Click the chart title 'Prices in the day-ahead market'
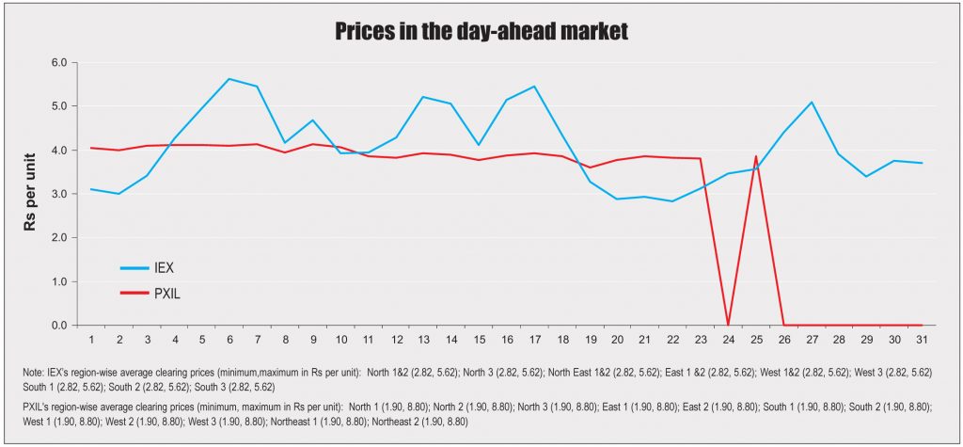(481, 32)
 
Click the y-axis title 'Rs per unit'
(30, 194)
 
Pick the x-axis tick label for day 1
(91, 339)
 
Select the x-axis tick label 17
(534, 339)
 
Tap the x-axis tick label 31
(922, 339)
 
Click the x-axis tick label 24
(728, 339)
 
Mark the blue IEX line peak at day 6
(229, 79)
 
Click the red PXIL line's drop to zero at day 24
(728, 325)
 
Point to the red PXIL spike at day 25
(755, 156)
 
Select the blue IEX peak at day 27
(811, 102)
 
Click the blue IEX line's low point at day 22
(672, 201)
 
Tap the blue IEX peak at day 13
(423, 97)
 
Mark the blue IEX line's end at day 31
(922, 163)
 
